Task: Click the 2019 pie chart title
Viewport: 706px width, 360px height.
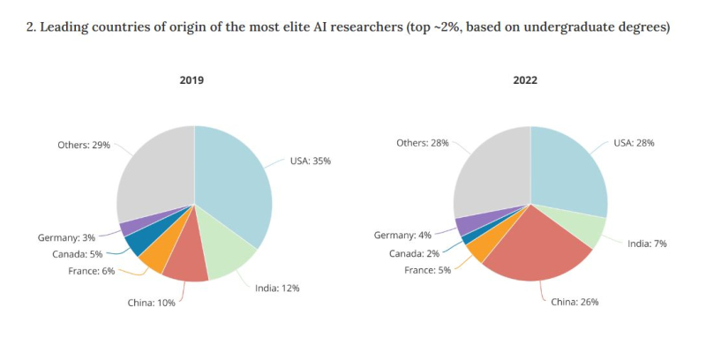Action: point(192,80)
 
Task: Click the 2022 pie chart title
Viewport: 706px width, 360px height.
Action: point(525,80)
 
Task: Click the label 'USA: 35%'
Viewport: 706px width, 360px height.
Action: point(312,161)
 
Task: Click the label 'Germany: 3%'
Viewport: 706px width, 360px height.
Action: point(67,237)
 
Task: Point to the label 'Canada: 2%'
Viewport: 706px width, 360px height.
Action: point(413,253)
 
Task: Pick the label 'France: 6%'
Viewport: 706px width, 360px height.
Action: point(92,271)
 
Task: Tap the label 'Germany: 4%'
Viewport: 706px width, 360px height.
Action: point(403,236)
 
